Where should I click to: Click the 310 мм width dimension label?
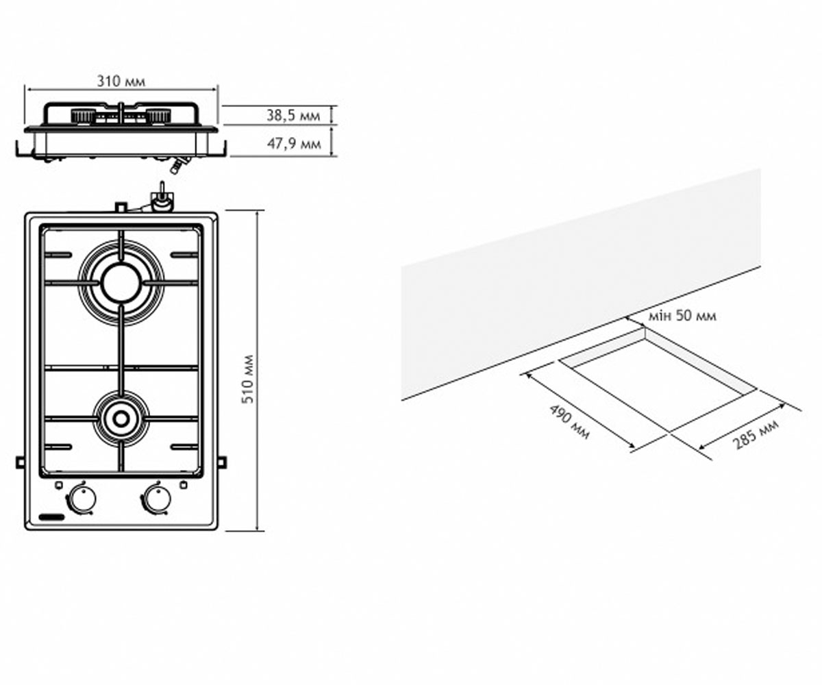tap(121, 81)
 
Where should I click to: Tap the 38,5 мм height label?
tap(293, 115)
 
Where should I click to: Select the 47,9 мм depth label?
tap(294, 144)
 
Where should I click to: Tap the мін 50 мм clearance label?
tap(682, 316)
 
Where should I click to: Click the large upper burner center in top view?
tap(121, 283)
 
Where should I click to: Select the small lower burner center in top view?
tap(121, 419)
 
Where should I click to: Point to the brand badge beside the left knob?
tap(52, 517)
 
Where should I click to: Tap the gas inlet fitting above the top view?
tap(162, 199)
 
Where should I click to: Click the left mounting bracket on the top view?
tap(21, 462)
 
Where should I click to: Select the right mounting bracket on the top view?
tap(223, 462)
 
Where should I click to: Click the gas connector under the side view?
tap(179, 164)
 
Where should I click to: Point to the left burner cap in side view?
tap(83, 115)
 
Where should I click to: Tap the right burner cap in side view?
tap(159, 115)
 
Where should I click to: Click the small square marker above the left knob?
tap(58, 485)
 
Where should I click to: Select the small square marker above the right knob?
tap(183, 485)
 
